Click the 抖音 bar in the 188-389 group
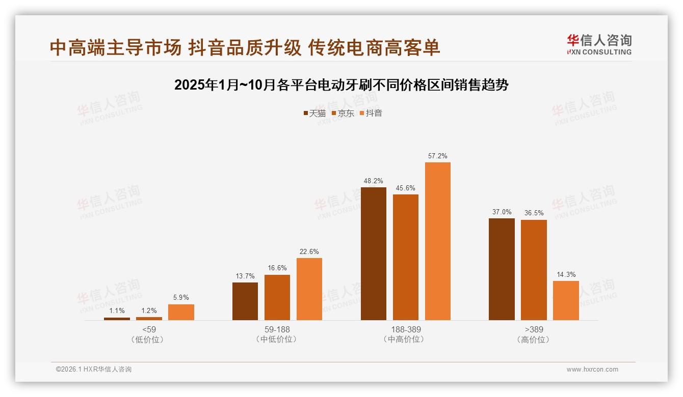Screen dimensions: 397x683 [438, 241]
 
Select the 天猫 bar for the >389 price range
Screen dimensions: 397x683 [502, 269]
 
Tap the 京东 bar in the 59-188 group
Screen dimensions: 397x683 [277, 298]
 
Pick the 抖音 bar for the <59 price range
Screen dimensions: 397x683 [181, 313]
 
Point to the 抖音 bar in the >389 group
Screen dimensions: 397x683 [566, 300]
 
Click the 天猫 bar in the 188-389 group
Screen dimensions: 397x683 [374, 253]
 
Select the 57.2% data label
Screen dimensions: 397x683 [438, 156]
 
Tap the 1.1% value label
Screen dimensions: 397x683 [117, 311]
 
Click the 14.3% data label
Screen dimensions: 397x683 [566, 275]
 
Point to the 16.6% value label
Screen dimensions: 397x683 [277, 268]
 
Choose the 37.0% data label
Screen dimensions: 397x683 [502, 212]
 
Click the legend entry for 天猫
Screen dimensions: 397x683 [314, 114]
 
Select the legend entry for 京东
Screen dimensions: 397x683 [343, 114]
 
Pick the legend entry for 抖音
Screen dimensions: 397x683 [371, 114]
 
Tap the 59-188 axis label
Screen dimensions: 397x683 [277, 329]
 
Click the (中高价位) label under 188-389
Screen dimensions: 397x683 [405, 339]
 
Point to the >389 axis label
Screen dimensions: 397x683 [534, 329]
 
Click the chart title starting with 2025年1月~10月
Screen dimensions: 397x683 [341, 85]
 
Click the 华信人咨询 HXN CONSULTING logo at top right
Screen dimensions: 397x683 [599, 45]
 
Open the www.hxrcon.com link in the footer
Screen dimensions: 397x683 [592, 370]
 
